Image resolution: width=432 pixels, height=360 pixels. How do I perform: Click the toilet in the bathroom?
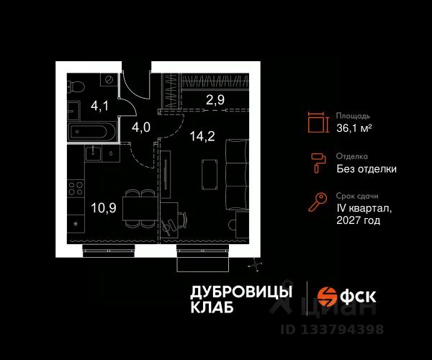click(76, 89)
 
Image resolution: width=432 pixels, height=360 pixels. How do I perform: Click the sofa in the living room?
click(235, 176)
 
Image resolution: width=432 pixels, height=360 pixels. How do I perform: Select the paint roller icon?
click(317, 163)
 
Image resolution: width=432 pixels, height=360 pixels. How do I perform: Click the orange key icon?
click(317, 203)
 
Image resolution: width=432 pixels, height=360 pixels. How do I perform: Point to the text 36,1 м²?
click(354, 128)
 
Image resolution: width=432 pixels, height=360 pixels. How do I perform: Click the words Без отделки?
click(366, 169)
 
